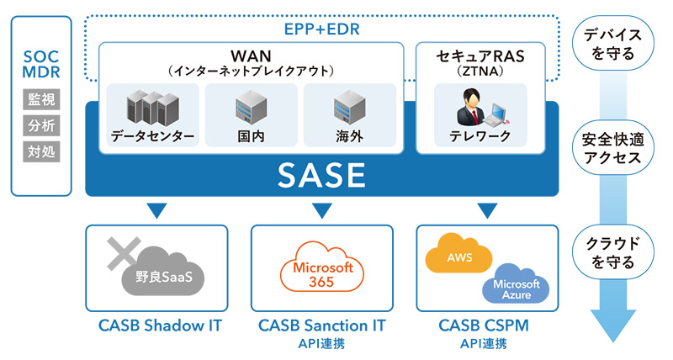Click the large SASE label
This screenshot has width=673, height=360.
322,175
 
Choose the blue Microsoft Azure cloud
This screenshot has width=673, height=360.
516,287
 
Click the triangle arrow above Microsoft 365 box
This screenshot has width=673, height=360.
322,209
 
